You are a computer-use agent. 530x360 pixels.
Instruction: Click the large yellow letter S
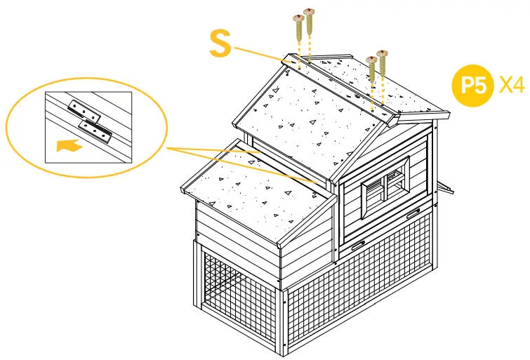pyautogui.click(x=220, y=43)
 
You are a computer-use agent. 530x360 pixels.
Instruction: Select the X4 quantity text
pyautogui.click(x=512, y=86)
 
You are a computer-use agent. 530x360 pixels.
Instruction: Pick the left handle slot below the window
pyautogui.click(x=359, y=244)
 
